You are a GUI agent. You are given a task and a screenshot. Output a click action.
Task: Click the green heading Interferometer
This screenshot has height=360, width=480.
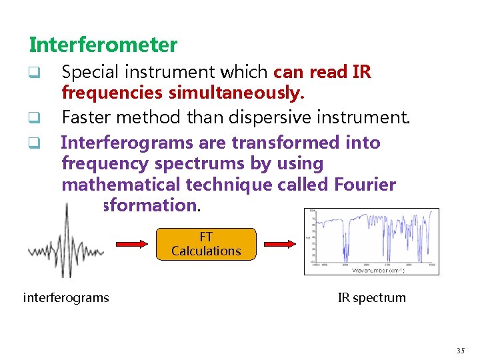[x=103, y=45]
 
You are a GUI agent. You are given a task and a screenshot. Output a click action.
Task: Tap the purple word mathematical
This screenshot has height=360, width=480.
[x=119, y=185]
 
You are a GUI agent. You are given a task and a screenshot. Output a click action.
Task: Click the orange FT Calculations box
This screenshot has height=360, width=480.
[x=206, y=244]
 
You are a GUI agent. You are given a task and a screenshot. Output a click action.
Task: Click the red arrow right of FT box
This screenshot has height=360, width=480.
[x=277, y=245]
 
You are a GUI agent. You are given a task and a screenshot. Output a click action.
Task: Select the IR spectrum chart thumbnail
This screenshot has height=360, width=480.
[x=371, y=241]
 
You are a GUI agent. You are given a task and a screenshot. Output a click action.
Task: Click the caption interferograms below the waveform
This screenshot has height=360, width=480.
[x=66, y=297]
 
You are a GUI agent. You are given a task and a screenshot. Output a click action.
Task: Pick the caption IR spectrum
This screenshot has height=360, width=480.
[x=371, y=297]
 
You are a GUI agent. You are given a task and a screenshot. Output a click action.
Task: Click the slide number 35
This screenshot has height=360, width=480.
[x=461, y=351]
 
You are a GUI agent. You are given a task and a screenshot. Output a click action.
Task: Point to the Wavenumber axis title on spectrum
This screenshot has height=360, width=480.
[x=377, y=270]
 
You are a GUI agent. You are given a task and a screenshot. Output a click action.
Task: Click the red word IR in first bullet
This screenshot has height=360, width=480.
[x=361, y=71]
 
